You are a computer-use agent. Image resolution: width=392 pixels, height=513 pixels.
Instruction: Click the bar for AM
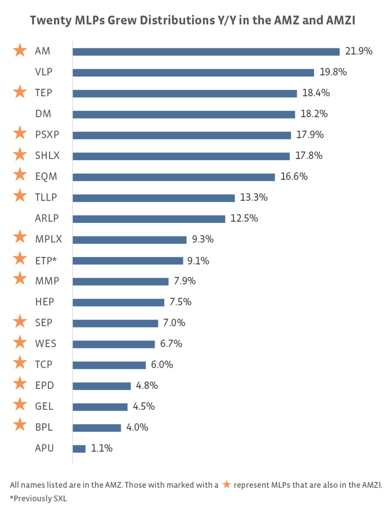tap(206, 52)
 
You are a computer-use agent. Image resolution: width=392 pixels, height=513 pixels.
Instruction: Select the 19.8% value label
tap(333, 72)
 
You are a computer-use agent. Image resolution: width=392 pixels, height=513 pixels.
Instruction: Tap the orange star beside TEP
tap(20, 93)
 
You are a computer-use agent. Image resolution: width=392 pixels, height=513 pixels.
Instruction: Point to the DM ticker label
tap(43, 114)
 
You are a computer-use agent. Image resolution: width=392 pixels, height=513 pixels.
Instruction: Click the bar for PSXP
tap(181, 135)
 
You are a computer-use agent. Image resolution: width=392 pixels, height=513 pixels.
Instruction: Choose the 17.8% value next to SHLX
tap(309, 156)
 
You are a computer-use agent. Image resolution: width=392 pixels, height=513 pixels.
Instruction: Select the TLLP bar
tap(153, 198)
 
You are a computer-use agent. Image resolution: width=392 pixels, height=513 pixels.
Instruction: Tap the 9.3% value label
tap(203, 239)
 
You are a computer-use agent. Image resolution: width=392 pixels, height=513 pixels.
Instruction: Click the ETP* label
tap(47, 261)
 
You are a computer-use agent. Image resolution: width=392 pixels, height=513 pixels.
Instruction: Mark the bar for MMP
tap(120, 282)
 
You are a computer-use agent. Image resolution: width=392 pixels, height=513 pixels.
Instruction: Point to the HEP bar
tap(118, 303)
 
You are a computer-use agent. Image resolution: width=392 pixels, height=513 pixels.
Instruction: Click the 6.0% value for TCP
tap(162, 365)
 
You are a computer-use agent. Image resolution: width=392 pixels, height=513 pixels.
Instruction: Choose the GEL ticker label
tap(44, 407)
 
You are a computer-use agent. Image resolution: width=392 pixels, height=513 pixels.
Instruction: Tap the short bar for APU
tap(79, 449)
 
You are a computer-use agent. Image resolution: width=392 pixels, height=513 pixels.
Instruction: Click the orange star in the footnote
tap(227, 484)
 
